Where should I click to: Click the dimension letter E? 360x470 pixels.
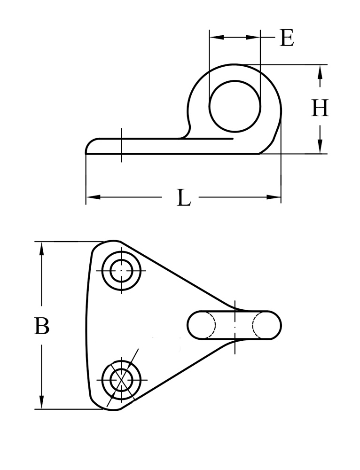[x=287, y=38]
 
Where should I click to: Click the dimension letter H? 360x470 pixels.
[x=320, y=109]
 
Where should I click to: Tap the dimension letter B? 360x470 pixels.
[x=42, y=326]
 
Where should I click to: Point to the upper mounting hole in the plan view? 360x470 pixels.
[x=122, y=271]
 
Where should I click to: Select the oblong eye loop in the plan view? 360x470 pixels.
[x=235, y=325]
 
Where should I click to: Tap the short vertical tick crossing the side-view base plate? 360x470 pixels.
[x=121, y=145]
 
